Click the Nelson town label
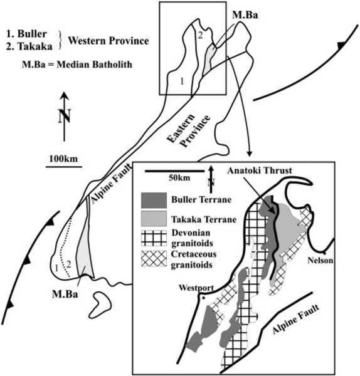(320, 260)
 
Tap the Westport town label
(196, 288)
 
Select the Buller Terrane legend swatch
(154, 201)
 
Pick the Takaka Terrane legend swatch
(154, 219)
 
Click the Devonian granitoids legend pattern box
(154, 238)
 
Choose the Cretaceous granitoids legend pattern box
(154, 258)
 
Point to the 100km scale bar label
(63, 159)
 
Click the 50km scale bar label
(179, 178)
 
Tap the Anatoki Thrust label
(260, 170)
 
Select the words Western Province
(109, 41)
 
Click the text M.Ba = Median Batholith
(77, 65)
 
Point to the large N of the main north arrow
(65, 117)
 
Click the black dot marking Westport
(204, 298)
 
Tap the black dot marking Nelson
(324, 253)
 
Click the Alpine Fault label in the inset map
(296, 319)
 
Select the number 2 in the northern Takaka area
(200, 36)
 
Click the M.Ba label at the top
(245, 15)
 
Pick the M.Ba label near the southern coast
(65, 295)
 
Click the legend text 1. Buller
(26, 34)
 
